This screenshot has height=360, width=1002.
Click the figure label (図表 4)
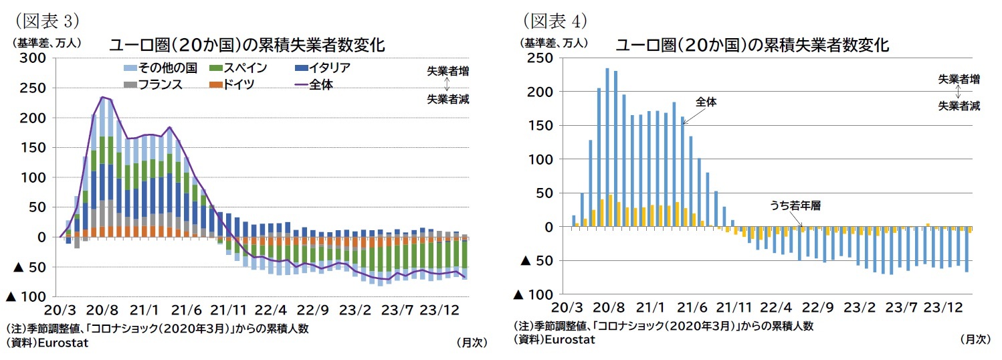[x=555, y=21]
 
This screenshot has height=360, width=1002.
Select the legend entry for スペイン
[x=238, y=68]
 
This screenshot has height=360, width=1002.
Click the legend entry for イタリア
[x=324, y=68]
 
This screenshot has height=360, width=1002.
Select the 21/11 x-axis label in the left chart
[x=229, y=310]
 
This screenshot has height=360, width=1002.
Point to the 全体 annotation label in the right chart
[x=706, y=102]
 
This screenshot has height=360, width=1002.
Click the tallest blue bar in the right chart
[x=607, y=147]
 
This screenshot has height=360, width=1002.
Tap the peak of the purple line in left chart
[x=102, y=97]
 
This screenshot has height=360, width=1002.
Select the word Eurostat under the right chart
[x=570, y=339]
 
